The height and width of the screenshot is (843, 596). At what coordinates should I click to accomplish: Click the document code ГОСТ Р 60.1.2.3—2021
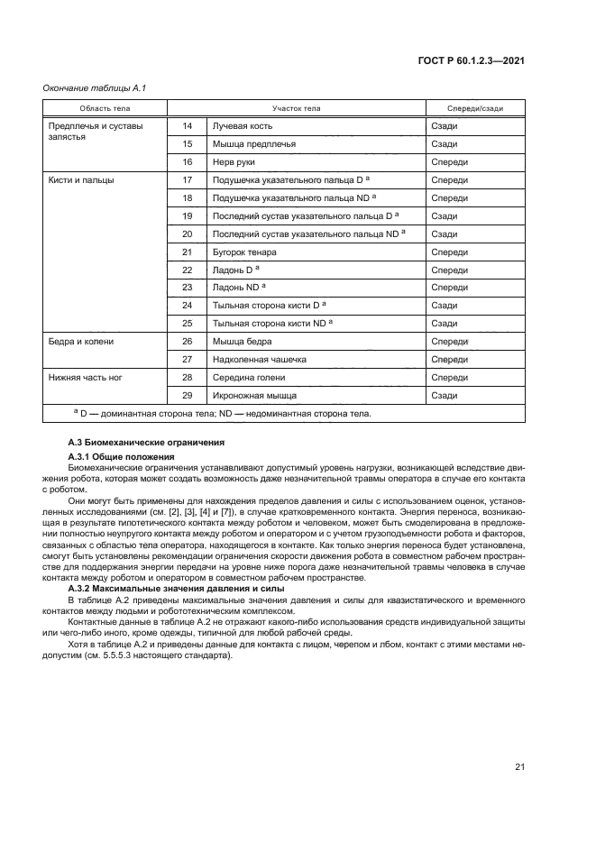[x=472, y=61]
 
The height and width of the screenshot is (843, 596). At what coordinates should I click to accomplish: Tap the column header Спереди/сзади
[x=475, y=108]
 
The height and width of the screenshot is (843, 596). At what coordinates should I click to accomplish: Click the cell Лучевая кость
[x=242, y=126]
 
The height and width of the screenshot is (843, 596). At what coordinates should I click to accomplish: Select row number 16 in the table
[x=188, y=162]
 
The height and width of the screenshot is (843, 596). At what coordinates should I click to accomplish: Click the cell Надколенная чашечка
[x=260, y=360]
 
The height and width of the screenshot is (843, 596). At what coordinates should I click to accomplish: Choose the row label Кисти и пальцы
[x=81, y=180]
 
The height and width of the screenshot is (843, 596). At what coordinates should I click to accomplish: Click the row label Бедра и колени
[x=81, y=342]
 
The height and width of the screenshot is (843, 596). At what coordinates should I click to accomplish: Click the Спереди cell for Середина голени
[x=449, y=378]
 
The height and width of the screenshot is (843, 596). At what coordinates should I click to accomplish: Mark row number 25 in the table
[x=188, y=324]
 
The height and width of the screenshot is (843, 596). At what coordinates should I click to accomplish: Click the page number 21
[x=519, y=767]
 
